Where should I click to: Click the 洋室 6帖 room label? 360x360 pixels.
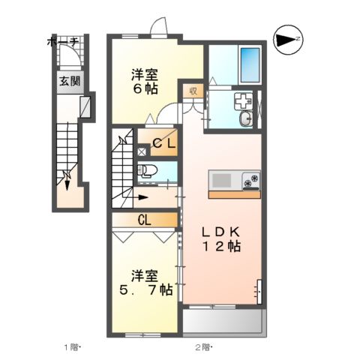click(x=145, y=81)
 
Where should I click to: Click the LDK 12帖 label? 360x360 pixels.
click(x=220, y=238)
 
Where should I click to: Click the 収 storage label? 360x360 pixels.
click(x=192, y=91)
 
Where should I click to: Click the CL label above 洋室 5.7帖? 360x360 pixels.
click(x=145, y=220)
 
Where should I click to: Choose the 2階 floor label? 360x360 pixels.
click(x=203, y=347)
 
